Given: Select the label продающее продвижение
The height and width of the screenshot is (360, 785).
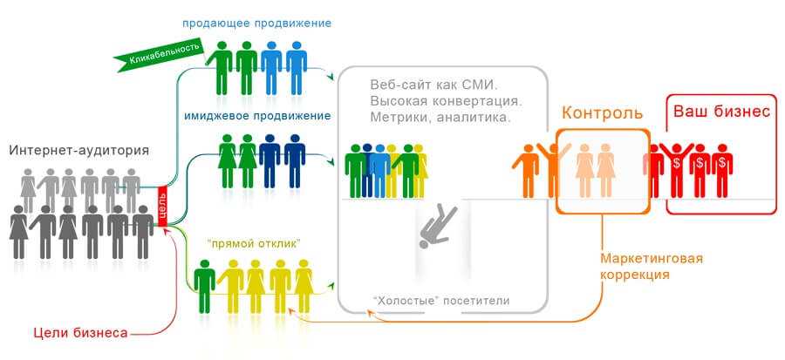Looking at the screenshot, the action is pyautogui.click(x=256, y=24).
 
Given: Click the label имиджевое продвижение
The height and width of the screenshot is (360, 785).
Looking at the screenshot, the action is pyautogui.click(x=258, y=116).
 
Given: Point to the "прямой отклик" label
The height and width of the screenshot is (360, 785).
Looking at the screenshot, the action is pyautogui.click(x=253, y=244).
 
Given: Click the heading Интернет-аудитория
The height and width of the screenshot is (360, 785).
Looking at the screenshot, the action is pyautogui.click(x=79, y=151).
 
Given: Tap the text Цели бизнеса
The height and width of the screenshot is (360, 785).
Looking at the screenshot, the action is pyautogui.click(x=80, y=332).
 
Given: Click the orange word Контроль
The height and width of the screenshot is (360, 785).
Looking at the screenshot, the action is pyautogui.click(x=602, y=113).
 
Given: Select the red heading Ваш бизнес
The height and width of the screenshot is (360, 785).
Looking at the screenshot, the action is pyautogui.click(x=721, y=111).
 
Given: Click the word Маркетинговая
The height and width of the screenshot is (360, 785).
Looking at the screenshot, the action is pyautogui.click(x=652, y=259).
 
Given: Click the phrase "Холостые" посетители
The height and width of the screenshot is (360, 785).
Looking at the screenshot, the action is pyautogui.click(x=441, y=301).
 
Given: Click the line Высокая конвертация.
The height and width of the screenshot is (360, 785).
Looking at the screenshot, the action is pyautogui.click(x=446, y=101).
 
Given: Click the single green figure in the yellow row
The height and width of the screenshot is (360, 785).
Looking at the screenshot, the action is pyautogui.click(x=204, y=286).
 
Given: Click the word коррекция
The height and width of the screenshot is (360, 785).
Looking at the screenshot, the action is pyautogui.click(x=635, y=275).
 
